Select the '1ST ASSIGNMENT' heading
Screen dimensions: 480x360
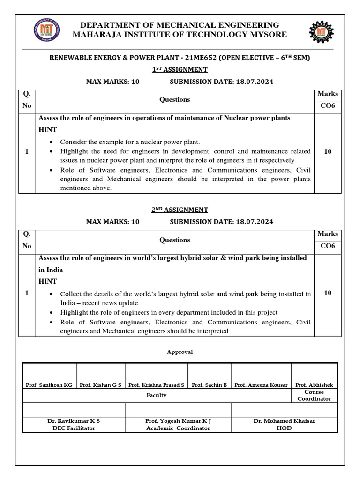pos(180,69)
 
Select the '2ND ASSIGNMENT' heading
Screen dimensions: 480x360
pos(180,210)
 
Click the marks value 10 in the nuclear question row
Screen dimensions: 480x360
pos(328,151)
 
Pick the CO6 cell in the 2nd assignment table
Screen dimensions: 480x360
pos(328,246)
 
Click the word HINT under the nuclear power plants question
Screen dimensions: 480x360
pos(47,129)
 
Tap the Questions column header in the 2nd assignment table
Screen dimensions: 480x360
pos(174,240)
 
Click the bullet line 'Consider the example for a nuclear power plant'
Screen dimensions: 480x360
pos(130,142)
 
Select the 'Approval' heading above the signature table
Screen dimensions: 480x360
pos(180,352)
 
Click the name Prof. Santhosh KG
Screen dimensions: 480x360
pos(49,385)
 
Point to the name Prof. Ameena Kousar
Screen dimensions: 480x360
pos(261,385)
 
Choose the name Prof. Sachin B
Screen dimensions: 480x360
pos(209,385)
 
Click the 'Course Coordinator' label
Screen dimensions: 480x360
pos(314,395)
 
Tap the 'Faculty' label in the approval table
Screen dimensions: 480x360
pos(156,395)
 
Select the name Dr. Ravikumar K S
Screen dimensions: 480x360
pos(74,421)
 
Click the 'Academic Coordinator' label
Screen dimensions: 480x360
pos(178,428)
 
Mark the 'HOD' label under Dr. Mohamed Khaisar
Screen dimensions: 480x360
pos(284,428)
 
